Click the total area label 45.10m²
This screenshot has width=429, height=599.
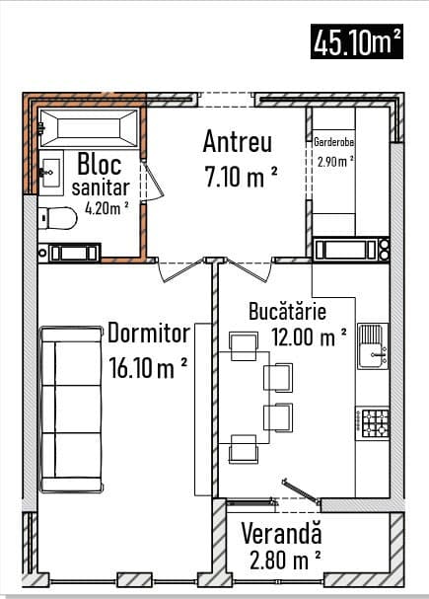click(357, 41)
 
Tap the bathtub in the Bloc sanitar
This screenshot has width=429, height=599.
click(89, 128)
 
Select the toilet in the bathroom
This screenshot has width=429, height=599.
click(57, 218)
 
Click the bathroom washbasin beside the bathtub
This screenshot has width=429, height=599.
click(50, 173)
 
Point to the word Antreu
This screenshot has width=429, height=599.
click(238, 142)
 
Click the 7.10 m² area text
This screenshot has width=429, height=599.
click(241, 177)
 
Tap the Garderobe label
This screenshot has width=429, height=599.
click(333, 142)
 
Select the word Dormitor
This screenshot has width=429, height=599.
click(149, 333)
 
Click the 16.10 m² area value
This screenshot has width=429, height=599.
click(148, 367)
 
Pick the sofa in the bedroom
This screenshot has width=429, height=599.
click(71, 410)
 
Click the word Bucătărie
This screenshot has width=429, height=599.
click(287, 311)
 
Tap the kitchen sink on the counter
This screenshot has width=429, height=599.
click(373, 346)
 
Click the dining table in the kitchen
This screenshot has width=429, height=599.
click(244, 398)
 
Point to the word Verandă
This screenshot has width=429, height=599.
click(281, 533)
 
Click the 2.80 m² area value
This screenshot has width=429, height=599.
click(285, 560)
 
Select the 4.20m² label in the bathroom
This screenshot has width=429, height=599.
click(107, 208)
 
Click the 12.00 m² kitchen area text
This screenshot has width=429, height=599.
click(309, 337)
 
